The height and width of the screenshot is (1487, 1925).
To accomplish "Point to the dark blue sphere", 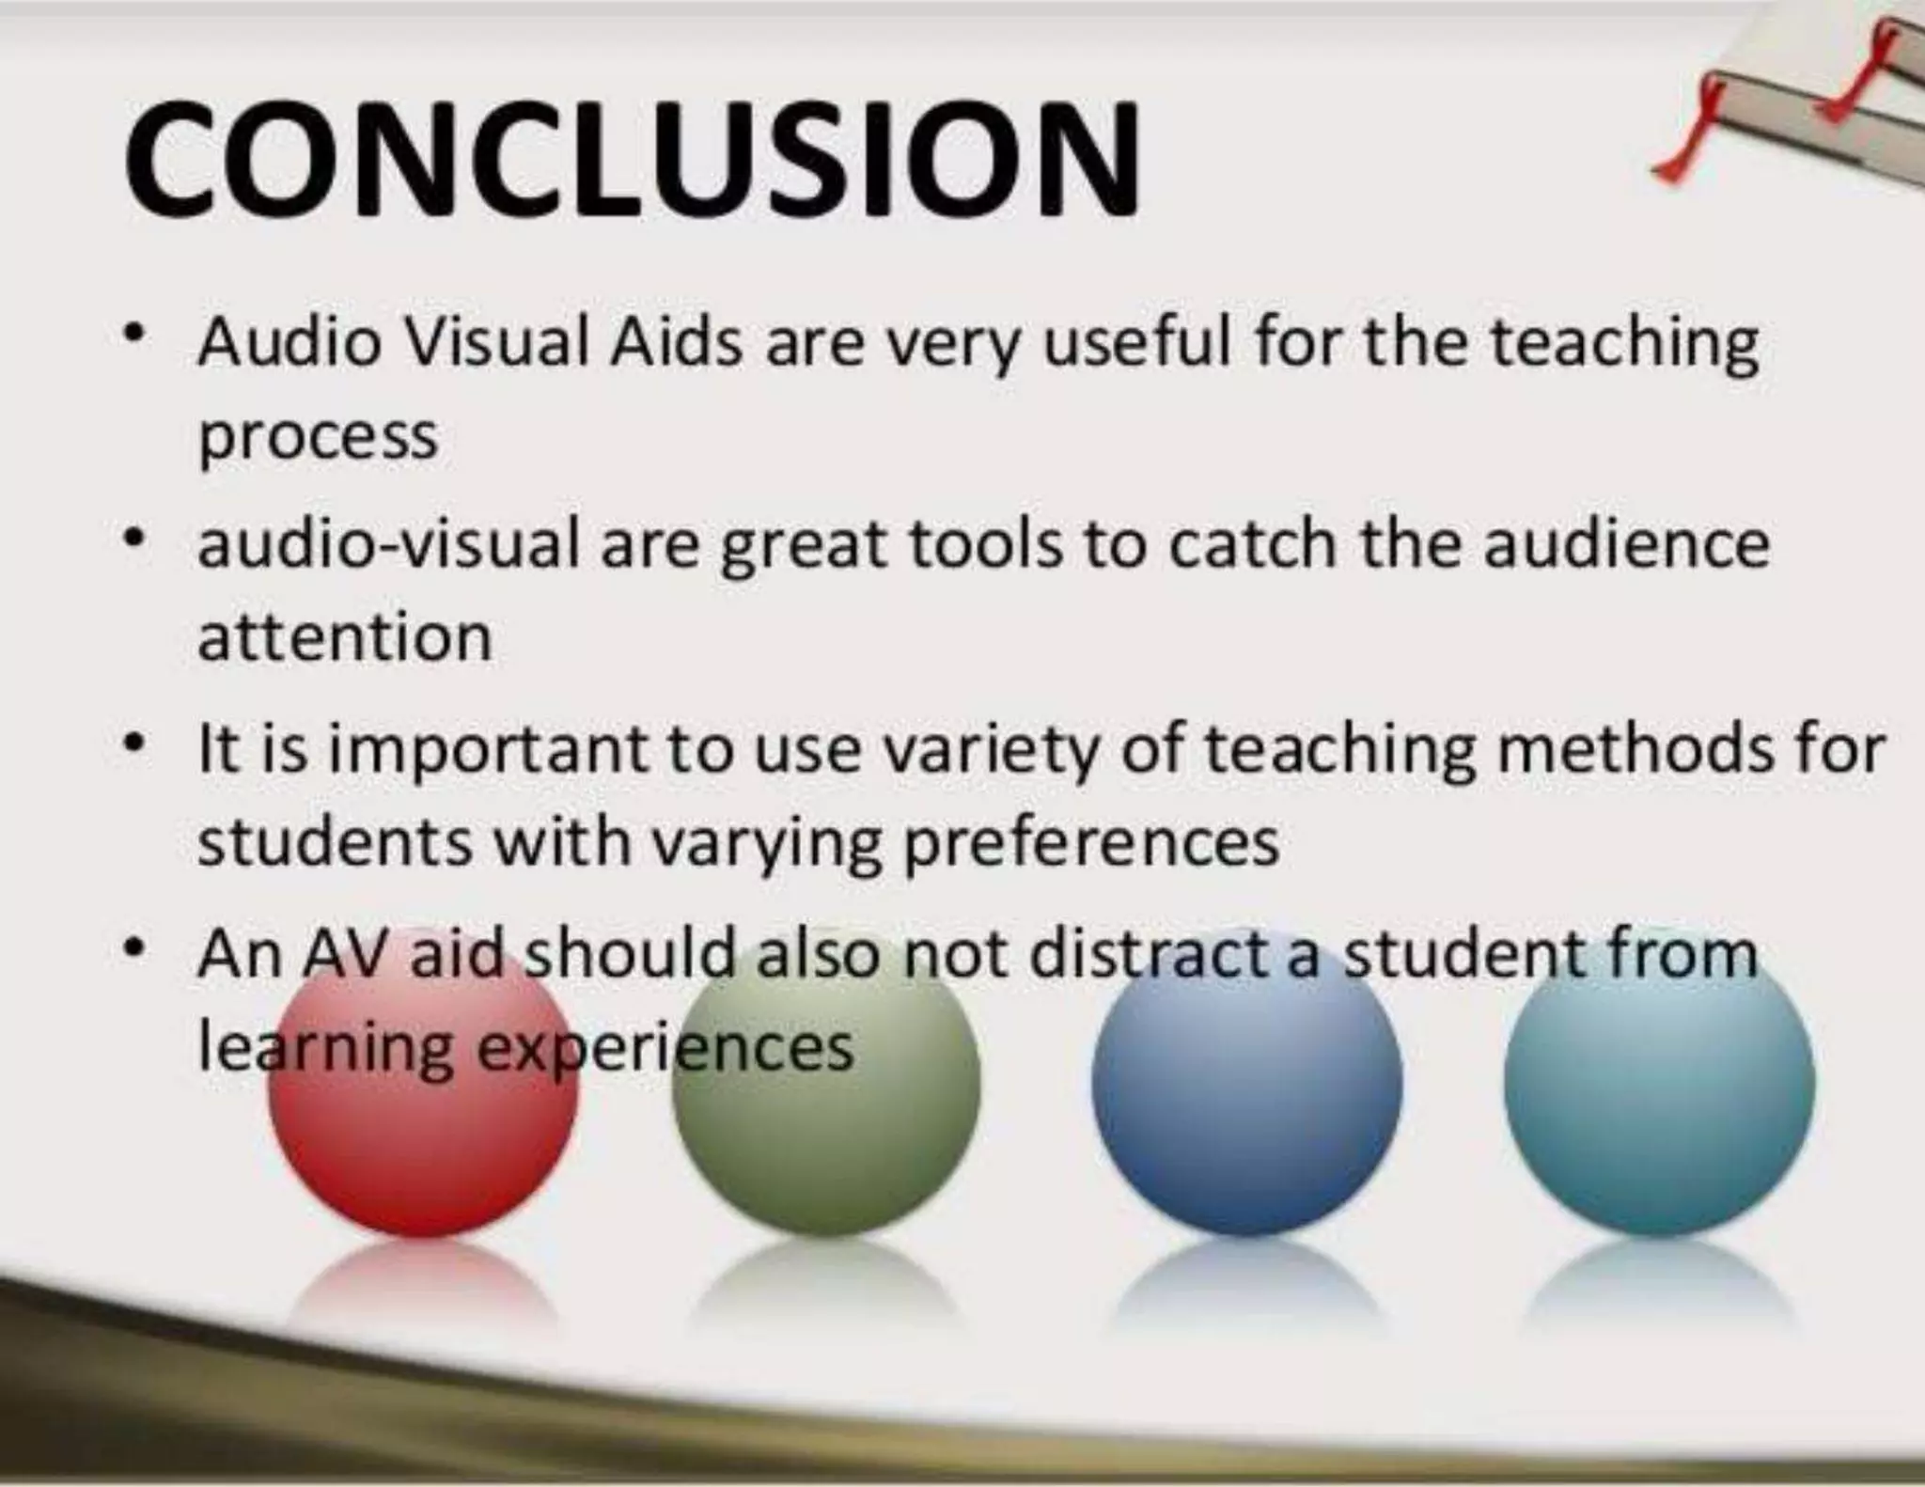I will tap(1246, 1090).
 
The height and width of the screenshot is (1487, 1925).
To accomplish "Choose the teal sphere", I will tap(1659, 1090).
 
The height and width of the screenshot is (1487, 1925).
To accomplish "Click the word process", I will tap(318, 438).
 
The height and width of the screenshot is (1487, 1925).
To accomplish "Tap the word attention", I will tap(344, 637).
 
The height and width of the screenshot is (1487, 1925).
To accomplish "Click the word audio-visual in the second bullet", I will tap(387, 544).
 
